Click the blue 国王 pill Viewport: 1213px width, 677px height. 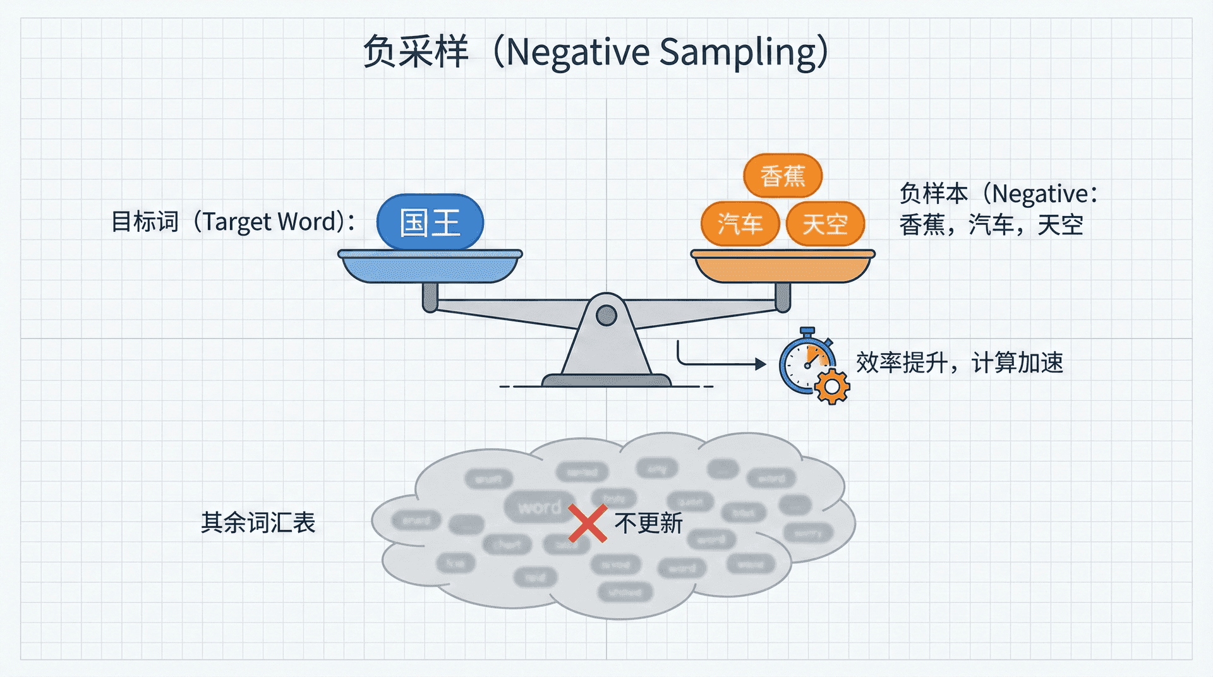[x=430, y=223]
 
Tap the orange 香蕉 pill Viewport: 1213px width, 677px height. [x=783, y=176]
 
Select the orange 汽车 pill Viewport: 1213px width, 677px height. [x=740, y=224]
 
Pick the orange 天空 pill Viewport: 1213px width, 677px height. [x=825, y=224]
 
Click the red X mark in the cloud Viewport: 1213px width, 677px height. [x=588, y=523]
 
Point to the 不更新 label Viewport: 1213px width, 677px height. [x=649, y=523]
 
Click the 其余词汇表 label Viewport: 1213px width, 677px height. [x=258, y=522]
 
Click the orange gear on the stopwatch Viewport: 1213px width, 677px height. [x=832, y=386]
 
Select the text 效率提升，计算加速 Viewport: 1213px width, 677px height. [x=959, y=363]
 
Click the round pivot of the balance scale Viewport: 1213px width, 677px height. [x=606, y=315]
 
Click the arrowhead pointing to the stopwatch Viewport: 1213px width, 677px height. [x=761, y=364]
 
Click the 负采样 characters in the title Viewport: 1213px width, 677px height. [x=415, y=52]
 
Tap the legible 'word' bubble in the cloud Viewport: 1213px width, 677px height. [x=539, y=507]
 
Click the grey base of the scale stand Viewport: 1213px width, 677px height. [x=606, y=380]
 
